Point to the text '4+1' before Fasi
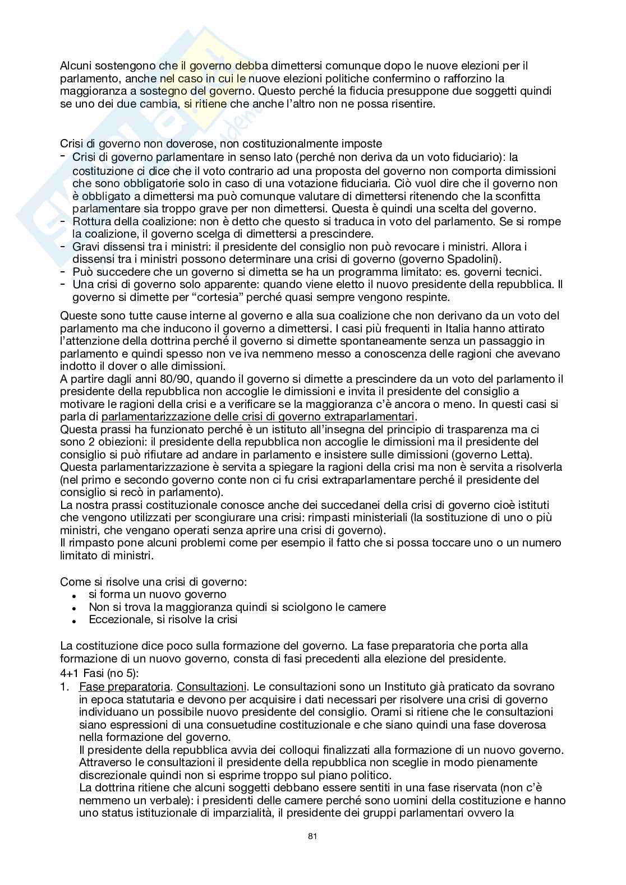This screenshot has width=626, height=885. pos(70,673)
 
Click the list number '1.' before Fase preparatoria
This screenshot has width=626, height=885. pos(66,687)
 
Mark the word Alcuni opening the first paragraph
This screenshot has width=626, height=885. pos(75,66)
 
